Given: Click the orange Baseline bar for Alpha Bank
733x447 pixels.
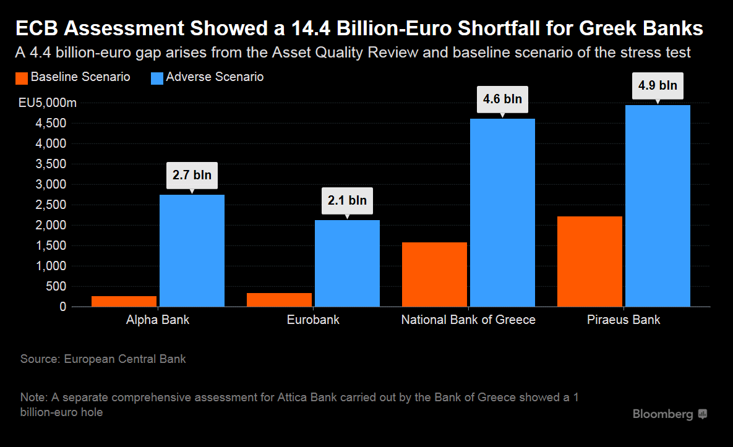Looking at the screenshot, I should pos(124,301).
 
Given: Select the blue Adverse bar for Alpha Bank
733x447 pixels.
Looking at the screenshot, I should pos(192,250).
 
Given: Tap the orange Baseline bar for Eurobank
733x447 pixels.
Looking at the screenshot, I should pos(280,299).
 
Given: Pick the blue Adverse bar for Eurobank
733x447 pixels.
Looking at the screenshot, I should pos(347,263).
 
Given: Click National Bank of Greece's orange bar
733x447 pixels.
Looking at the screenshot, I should pos(434,274).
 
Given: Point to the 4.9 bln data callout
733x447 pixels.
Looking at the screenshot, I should pos(658,85).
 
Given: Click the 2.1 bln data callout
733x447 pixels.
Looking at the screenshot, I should pos(347,200).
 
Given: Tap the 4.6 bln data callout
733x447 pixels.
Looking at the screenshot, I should pos(502,99).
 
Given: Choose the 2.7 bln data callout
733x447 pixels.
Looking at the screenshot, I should pos(192,175).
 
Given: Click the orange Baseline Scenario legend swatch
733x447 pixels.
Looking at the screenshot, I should pos(20,78).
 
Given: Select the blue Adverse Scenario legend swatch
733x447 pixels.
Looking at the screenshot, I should pos(156,78).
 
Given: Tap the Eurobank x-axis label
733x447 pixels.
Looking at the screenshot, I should pos(313,320).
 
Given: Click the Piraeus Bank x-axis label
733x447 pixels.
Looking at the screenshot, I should pos(623,320).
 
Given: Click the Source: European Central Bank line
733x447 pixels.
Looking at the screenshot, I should pos(103,359).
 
